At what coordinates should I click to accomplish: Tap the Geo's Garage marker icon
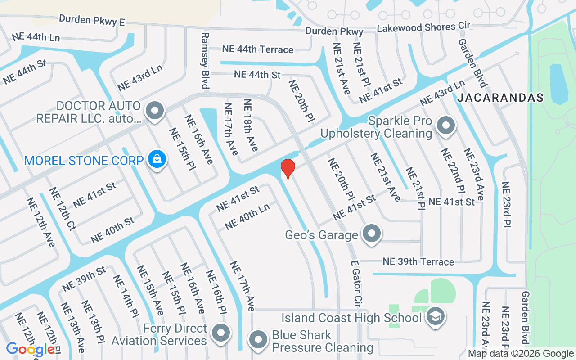click(372, 234)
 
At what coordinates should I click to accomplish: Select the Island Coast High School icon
click(435, 316)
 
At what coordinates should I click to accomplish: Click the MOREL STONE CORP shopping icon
click(157, 159)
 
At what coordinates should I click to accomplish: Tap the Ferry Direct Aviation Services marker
click(220, 333)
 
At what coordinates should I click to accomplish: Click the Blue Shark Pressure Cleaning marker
click(258, 340)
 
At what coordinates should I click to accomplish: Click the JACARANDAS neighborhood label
click(500, 98)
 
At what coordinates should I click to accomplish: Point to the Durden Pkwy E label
click(92, 20)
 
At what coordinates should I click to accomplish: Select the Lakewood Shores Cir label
click(423, 27)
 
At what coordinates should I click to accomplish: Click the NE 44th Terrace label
click(258, 49)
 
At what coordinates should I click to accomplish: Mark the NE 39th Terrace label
click(418, 261)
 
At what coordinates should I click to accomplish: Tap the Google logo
click(31, 349)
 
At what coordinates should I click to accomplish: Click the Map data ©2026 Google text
click(521, 354)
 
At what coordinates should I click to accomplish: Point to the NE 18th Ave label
click(251, 125)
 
